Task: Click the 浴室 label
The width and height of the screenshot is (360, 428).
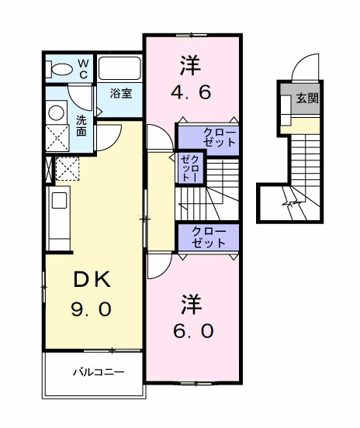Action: click(x=120, y=94)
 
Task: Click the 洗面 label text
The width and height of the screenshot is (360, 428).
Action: click(x=81, y=126)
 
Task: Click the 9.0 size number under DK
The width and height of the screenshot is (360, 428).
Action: click(x=92, y=309)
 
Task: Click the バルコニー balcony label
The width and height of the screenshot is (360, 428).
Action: click(x=98, y=372)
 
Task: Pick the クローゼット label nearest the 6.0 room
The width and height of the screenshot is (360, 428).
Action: click(x=208, y=236)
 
